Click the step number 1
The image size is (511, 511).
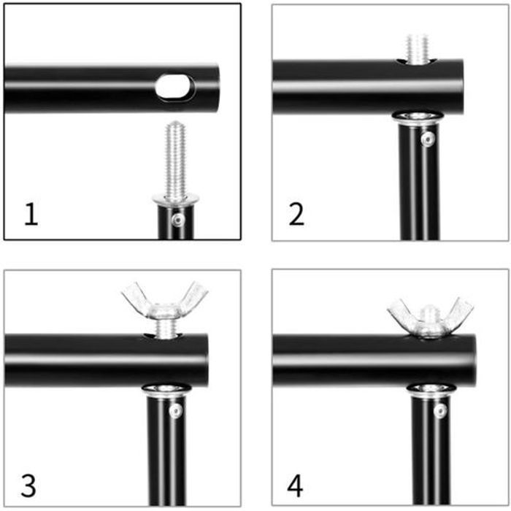(x=31, y=214)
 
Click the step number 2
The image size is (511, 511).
(x=296, y=214)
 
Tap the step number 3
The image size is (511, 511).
(x=28, y=485)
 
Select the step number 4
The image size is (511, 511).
(x=295, y=485)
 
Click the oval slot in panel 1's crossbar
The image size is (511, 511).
(x=175, y=86)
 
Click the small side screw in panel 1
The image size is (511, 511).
(x=178, y=220)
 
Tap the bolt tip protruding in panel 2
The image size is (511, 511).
(x=417, y=49)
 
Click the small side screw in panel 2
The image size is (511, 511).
(x=427, y=139)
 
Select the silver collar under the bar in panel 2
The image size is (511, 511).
(x=418, y=118)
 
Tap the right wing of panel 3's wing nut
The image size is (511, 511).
(x=194, y=296)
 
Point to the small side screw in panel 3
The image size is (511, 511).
(x=176, y=410)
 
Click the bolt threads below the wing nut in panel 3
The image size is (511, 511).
(x=166, y=328)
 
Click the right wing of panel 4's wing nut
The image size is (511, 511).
(x=458, y=313)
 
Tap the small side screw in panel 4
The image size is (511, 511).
(x=440, y=410)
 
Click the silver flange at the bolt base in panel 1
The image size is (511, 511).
(x=176, y=199)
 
